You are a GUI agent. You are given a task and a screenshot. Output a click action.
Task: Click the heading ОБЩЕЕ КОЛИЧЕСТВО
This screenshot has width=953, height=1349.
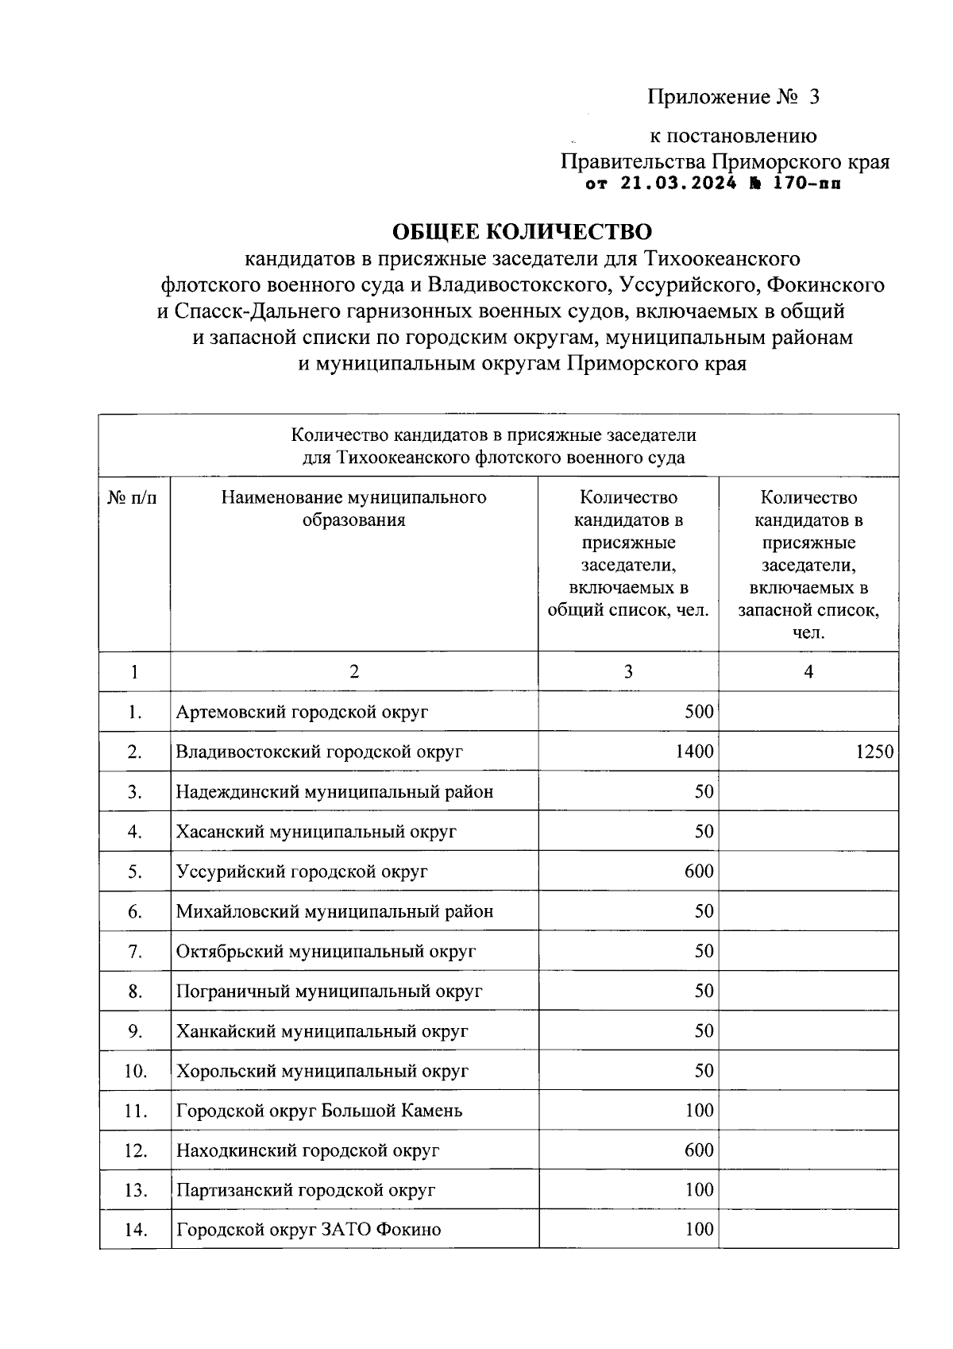[x=522, y=231]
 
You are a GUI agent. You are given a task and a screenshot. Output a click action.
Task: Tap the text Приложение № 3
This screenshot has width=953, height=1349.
[x=733, y=97]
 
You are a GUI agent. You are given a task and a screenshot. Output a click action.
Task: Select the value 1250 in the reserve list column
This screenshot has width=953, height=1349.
[x=874, y=752]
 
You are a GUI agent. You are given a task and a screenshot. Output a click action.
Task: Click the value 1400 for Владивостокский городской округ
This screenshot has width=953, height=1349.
[x=694, y=752]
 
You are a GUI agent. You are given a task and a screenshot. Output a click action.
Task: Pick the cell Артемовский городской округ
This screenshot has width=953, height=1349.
[x=302, y=712]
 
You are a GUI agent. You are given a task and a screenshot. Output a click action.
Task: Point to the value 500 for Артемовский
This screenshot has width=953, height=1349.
[x=699, y=712]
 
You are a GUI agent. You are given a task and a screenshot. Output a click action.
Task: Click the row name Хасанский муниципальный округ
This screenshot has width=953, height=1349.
[x=316, y=832]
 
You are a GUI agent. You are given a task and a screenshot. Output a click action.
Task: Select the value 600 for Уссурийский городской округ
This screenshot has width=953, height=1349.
[x=699, y=872]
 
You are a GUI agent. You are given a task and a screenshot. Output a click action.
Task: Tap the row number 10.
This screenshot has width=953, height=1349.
[x=136, y=1071]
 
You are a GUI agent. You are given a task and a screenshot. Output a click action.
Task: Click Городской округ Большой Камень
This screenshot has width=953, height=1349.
[x=319, y=1111]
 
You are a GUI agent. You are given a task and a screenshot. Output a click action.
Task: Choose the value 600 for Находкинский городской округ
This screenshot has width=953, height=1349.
[x=699, y=1150]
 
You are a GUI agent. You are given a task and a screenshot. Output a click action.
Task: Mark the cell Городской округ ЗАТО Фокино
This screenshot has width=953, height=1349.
[x=308, y=1230]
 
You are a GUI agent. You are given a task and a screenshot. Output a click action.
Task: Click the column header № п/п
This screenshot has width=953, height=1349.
[x=133, y=498]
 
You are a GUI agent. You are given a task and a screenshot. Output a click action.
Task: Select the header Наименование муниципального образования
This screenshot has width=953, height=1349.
[x=353, y=508]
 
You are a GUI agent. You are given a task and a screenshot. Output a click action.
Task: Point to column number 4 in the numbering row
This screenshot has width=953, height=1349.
[x=808, y=672]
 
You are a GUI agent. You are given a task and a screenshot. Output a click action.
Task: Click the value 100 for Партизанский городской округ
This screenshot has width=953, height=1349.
[x=699, y=1190]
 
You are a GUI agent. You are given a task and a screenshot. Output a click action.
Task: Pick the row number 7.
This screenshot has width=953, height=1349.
[x=135, y=952]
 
